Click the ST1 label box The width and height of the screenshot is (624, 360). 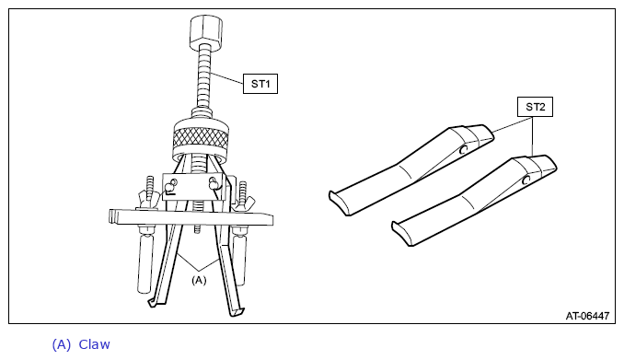pos(260,84)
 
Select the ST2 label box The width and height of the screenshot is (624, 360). pos(535,107)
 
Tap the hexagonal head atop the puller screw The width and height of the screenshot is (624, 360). pos(205,30)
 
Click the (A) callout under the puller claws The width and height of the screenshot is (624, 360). pos(199,280)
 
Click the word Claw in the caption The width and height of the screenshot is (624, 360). pos(94,344)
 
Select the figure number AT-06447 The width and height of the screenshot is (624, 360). pos(587,316)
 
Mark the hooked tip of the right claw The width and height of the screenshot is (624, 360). pos(237,312)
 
